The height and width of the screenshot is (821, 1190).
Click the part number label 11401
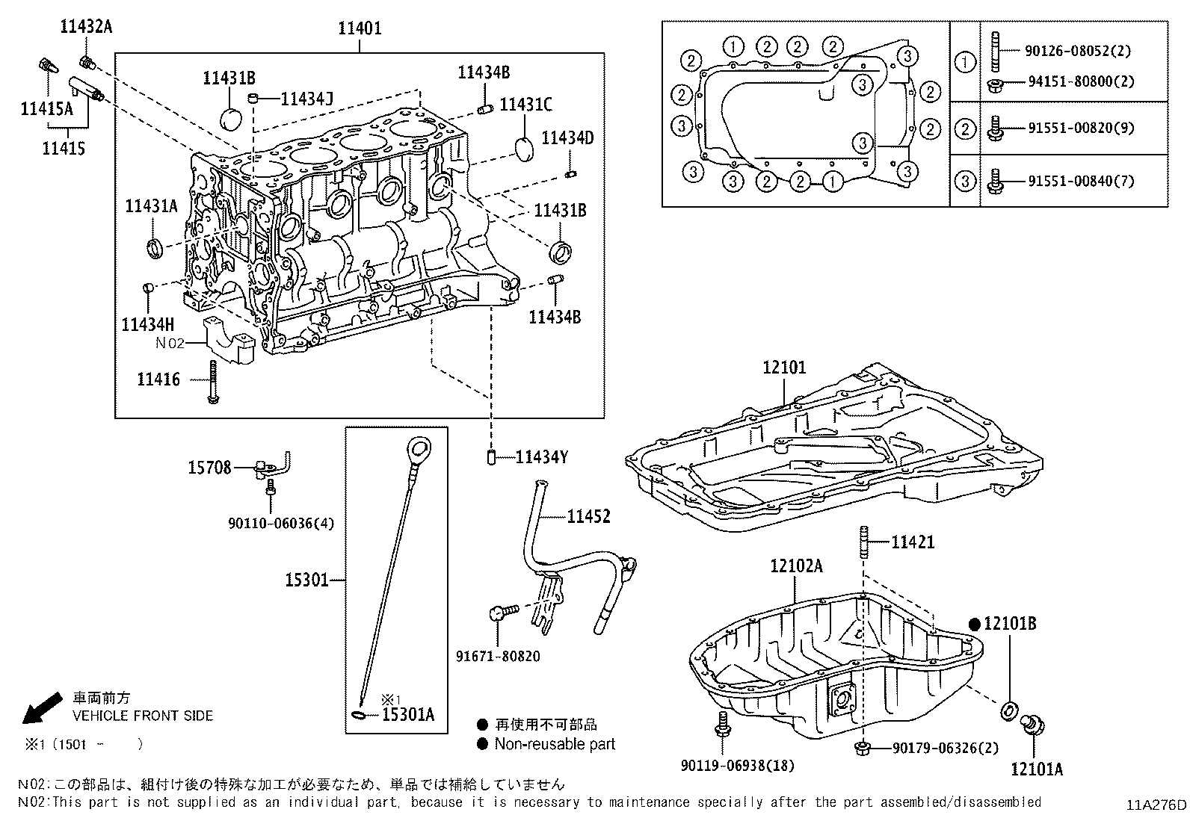click(x=360, y=28)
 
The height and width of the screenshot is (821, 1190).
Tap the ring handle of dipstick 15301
click(x=418, y=450)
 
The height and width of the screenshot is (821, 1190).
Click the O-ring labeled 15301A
click(x=360, y=716)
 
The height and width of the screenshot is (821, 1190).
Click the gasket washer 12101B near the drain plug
click(x=1007, y=710)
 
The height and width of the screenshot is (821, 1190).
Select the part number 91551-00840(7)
click(x=1076, y=181)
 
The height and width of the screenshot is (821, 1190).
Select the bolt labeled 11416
click(x=213, y=382)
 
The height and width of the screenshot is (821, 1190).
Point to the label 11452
click(x=588, y=516)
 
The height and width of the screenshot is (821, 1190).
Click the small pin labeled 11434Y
click(x=492, y=456)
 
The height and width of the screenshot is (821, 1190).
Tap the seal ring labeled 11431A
click(x=155, y=248)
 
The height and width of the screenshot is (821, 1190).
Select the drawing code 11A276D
click(x=1156, y=805)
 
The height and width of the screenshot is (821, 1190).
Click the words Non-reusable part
click(x=555, y=744)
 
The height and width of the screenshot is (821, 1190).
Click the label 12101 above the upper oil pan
click(x=784, y=368)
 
